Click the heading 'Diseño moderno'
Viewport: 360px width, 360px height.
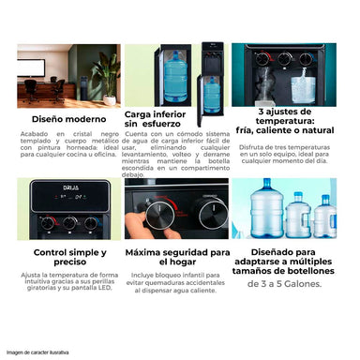[67, 119]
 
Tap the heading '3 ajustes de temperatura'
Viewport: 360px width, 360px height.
[289, 121]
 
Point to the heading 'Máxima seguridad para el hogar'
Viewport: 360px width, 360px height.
[177, 258]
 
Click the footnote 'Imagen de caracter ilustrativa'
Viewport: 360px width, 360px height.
[38, 352]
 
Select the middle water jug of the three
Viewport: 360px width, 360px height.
[297, 215]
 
